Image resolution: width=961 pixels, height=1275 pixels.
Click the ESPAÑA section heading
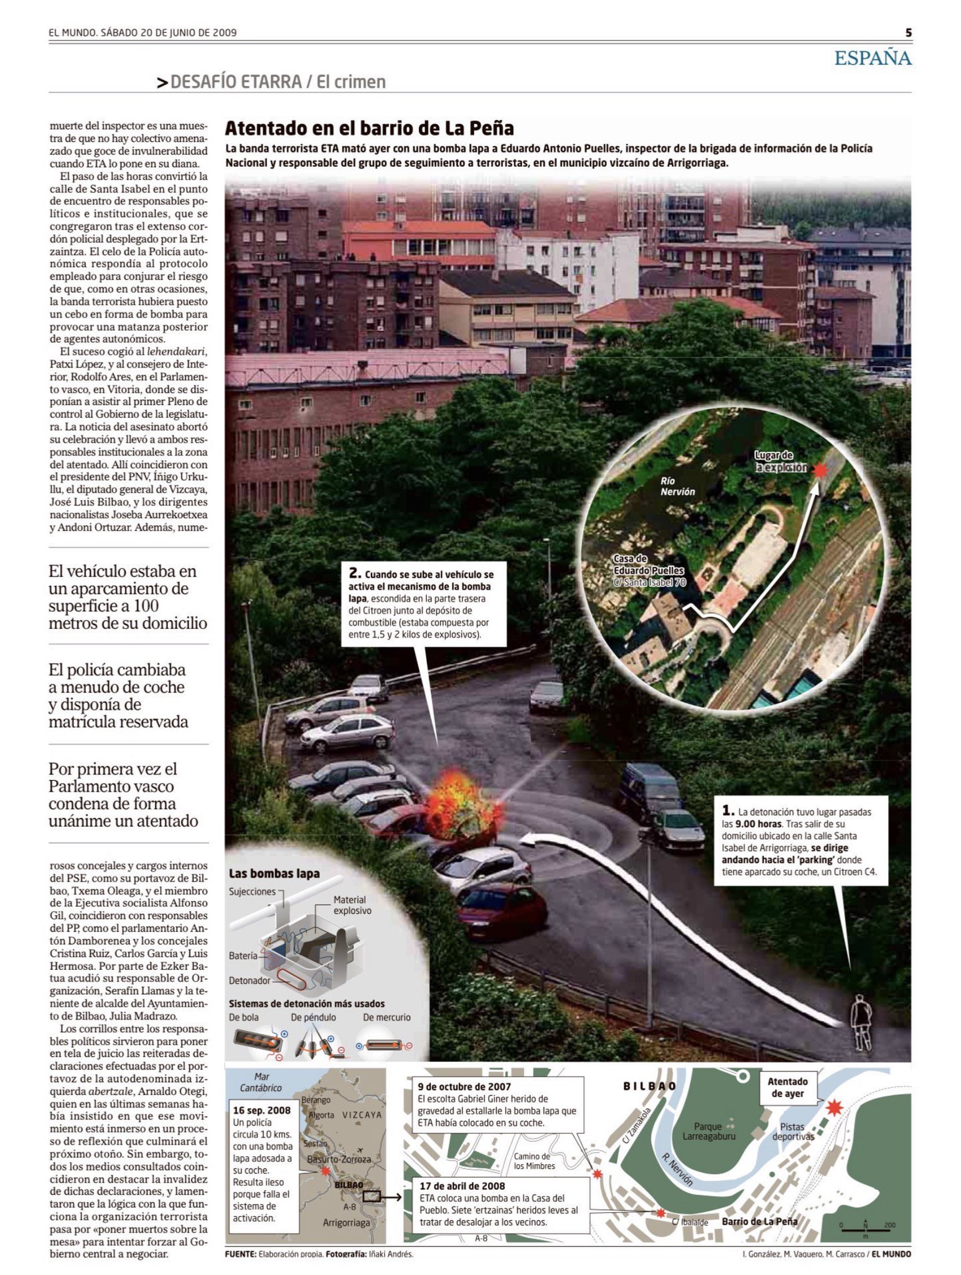click(x=873, y=59)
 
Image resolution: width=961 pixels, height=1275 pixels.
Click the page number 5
click(x=908, y=33)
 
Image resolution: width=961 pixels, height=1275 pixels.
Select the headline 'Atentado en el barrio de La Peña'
click(x=369, y=128)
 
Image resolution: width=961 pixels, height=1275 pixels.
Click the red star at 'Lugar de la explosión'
click(x=820, y=471)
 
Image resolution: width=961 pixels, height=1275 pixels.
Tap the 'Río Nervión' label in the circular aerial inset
click(x=677, y=486)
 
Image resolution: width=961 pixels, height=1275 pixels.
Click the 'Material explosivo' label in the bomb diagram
click(x=352, y=905)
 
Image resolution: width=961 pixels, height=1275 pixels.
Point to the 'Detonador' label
click(x=250, y=981)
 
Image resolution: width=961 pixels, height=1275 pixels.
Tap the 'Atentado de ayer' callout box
click(x=787, y=1088)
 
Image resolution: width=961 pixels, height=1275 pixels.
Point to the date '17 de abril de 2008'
click(x=462, y=1186)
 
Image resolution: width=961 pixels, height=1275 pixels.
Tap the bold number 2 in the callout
click(x=355, y=573)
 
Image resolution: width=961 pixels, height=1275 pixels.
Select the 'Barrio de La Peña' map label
click(x=759, y=1221)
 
